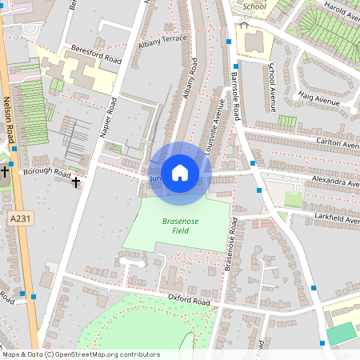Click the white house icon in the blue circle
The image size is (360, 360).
180,172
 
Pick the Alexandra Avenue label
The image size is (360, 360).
336,182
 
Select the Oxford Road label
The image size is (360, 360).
188,300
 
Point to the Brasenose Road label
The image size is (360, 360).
231,244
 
